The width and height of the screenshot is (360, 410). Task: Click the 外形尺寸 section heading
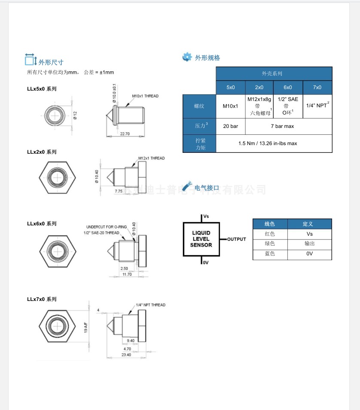tap(51, 62)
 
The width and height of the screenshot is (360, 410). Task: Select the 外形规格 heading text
tap(207, 58)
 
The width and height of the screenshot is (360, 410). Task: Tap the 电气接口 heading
tap(207, 188)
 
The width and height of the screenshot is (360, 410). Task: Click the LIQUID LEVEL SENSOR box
tap(201, 239)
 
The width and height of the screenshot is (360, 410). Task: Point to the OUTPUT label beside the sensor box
tap(236, 239)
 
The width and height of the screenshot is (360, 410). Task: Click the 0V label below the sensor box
tap(205, 262)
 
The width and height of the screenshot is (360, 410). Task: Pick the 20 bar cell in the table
tap(230, 126)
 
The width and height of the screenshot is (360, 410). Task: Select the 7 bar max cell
tap(288, 126)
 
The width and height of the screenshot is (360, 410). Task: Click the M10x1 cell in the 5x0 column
tap(230, 106)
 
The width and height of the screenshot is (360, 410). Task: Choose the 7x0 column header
tap(317, 88)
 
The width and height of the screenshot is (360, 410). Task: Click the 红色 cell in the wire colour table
tap(270, 234)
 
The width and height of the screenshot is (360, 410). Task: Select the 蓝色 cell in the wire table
tap(270, 254)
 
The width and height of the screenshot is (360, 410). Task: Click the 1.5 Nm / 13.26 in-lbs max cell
tap(274, 143)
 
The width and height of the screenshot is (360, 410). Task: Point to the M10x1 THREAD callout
tap(145, 96)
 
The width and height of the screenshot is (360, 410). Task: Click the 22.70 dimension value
tap(125, 134)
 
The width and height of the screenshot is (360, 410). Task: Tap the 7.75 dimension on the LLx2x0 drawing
tap(119, 190)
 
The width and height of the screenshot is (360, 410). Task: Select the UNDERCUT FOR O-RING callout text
tap(105, 227)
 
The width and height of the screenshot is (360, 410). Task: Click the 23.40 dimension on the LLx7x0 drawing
tap(126, 355)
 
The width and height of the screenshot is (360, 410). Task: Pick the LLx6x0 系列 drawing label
tap(42, 224)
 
